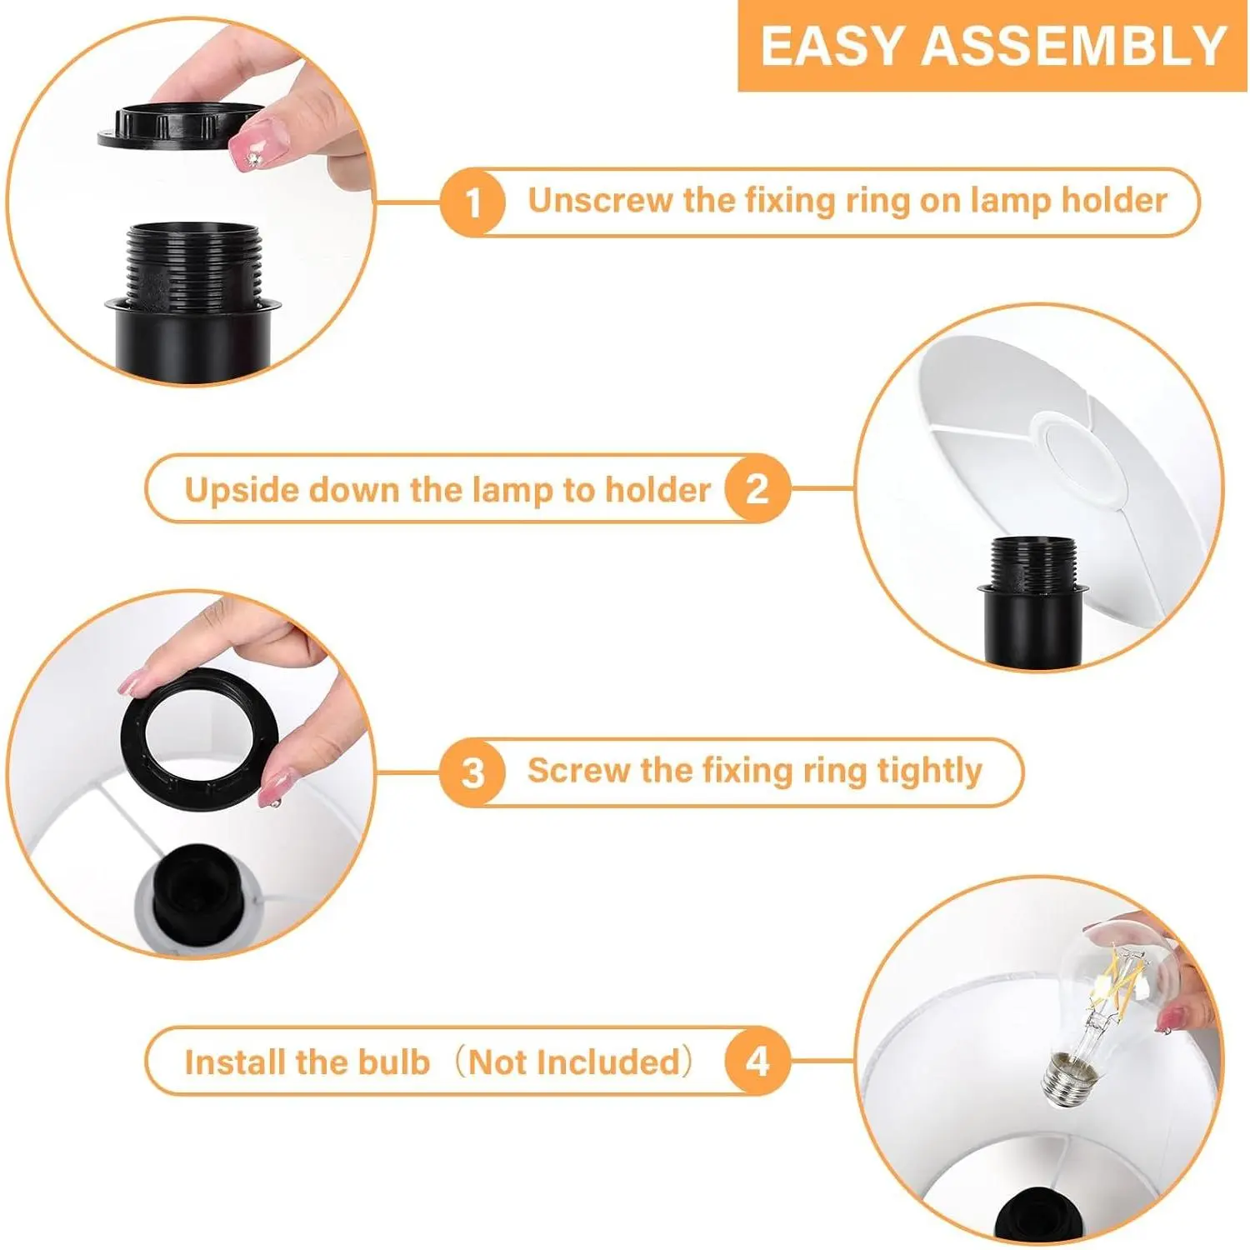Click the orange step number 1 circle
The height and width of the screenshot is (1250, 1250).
pyautogui.click(x=473, y=202)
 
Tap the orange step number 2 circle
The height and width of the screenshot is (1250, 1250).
pyautogui.click(x=757, y=488)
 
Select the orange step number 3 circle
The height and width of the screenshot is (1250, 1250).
pyautogui.click(x=472, y=772)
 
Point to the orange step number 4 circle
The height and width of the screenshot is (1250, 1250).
pyautogui.click(x=757, y=1062)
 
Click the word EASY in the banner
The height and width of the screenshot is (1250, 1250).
pyautogui.click(x=833, y=46)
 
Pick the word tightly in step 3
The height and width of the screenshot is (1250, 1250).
pyautogui.click(x=930, y=772)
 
